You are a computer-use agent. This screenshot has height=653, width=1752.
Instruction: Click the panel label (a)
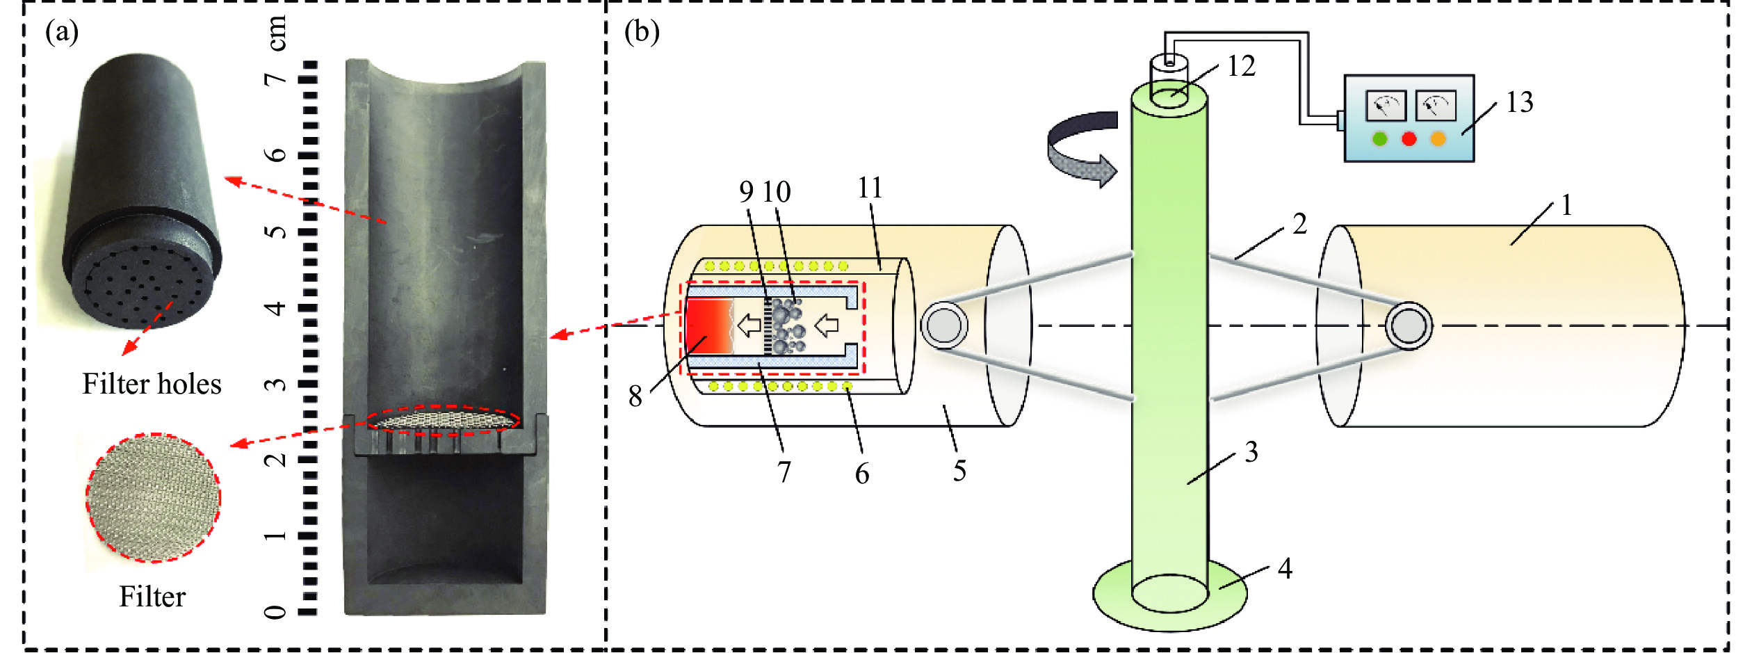tap(62, 32)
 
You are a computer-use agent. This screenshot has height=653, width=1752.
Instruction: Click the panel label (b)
tap(641, 32)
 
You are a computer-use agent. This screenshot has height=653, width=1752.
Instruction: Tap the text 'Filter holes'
tap(152, 384)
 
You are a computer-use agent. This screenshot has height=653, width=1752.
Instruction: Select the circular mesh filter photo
tap(153, 498)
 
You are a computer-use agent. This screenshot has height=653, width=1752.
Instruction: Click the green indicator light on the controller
tap(1380, 139)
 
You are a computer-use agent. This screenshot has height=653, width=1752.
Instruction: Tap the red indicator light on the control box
tap(1409, 139)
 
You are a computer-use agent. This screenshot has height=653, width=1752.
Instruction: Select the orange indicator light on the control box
tap(1438, 139)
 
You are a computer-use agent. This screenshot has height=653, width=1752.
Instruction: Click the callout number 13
tap(1520, 103)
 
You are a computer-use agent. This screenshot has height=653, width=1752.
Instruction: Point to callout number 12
tap(1241, 66)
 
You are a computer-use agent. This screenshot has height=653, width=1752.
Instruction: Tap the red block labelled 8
tap(708, 325)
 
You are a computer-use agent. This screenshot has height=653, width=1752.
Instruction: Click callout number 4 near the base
tap(1285, 569)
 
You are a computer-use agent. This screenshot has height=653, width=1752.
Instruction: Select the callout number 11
tap(870, 188)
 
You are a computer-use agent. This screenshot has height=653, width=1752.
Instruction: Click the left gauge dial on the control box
tap(1386, 106)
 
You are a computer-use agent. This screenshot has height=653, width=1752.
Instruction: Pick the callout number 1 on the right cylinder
tap(1566, 205)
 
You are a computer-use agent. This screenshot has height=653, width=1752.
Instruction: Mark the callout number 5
tap(959, 471)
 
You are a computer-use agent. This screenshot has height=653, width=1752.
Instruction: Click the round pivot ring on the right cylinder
tap(1409, 326)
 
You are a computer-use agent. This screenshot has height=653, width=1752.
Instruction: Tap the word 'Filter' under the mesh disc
tap(152, 597)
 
